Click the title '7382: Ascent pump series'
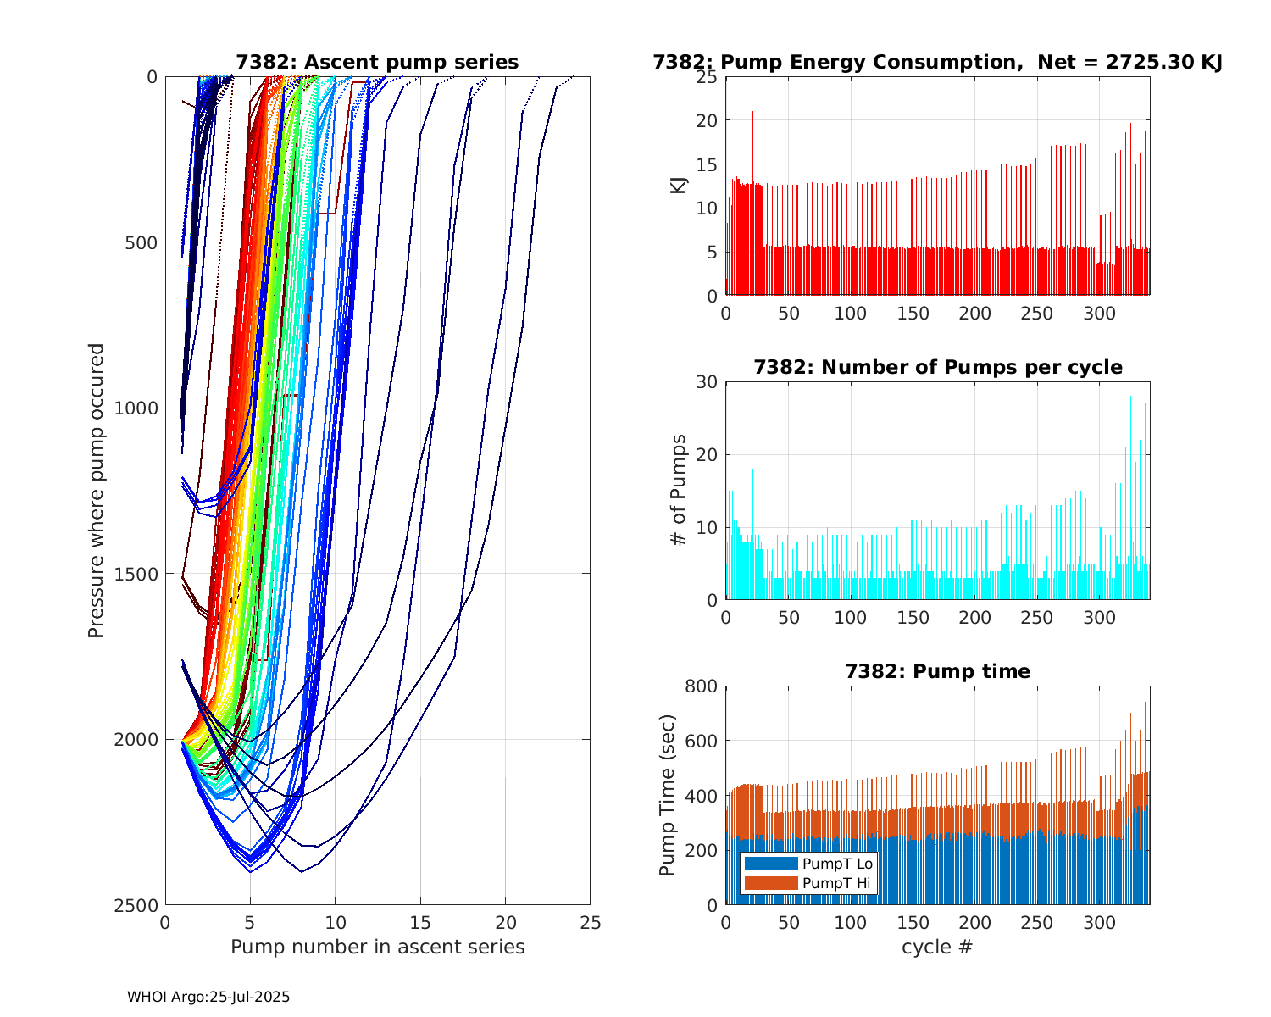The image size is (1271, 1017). (377, 62)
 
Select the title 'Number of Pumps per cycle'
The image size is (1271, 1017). (937, 367)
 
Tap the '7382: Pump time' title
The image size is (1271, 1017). (937, 671)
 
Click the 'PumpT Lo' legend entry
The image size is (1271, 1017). (837, 864)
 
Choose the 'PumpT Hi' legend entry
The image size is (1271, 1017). (837, 883)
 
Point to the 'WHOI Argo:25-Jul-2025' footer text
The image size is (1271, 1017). (208, 997)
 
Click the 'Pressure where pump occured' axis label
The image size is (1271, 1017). (96, 491)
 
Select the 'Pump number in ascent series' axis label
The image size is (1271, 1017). (377, 947)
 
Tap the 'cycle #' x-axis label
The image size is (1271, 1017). (937, 947)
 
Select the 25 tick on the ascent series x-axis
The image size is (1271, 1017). (590, 922)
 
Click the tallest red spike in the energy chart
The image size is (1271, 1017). (752, 113)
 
